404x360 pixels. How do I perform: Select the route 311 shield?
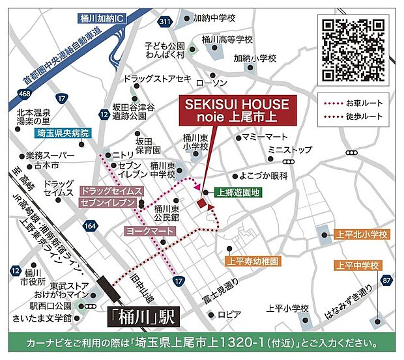166,22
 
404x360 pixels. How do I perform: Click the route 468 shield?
25,94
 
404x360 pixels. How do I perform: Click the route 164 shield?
90,225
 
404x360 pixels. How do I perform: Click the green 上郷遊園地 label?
238,193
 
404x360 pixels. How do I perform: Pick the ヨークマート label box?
150,231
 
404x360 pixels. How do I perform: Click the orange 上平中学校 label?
357,265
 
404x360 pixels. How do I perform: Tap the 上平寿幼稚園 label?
253,262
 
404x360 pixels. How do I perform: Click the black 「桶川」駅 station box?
142,317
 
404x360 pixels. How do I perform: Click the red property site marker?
202,204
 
